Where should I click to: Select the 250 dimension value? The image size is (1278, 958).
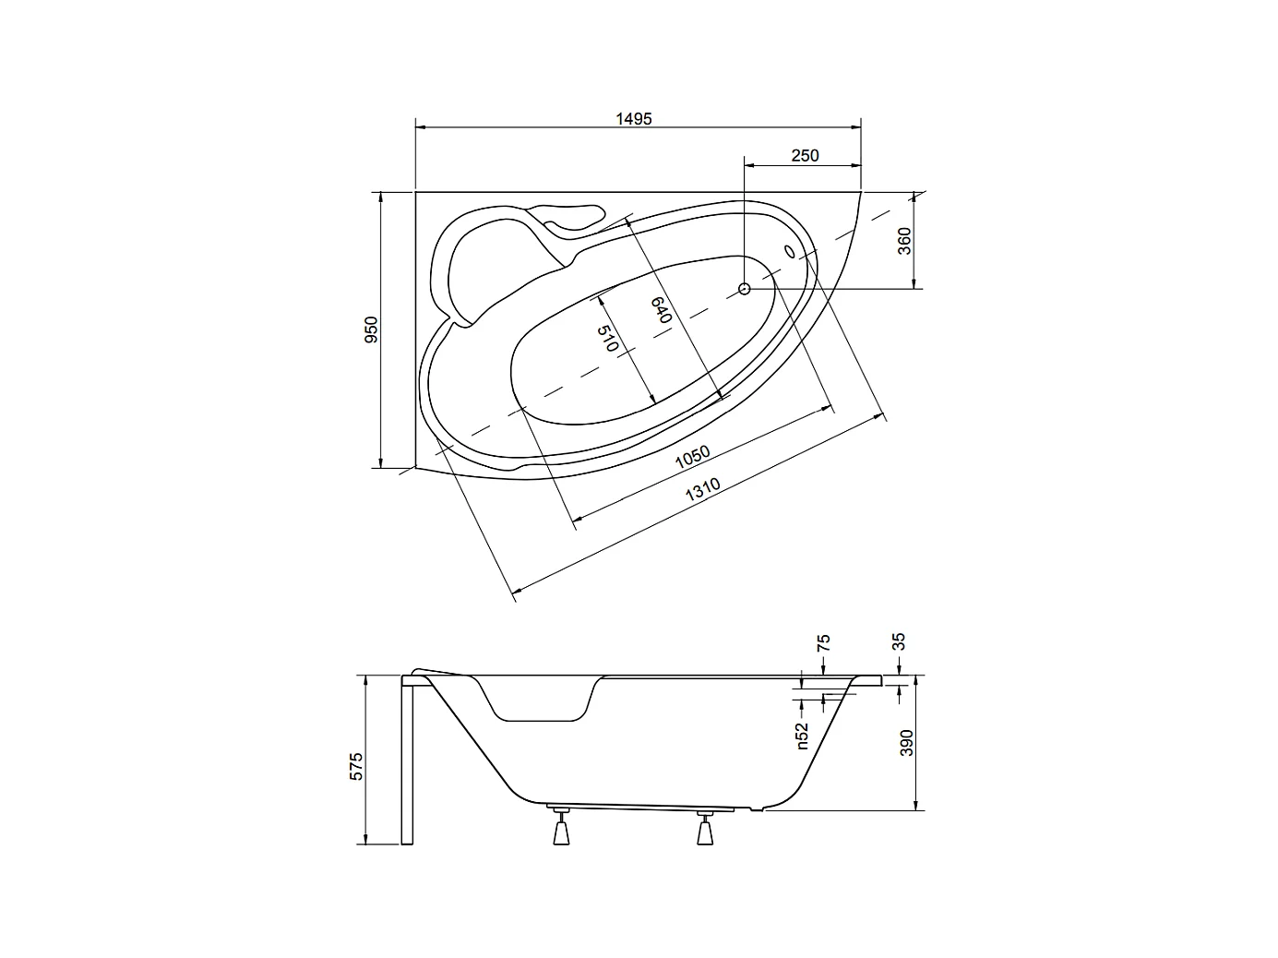[805, 156]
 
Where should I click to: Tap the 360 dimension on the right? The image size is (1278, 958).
[904, 241]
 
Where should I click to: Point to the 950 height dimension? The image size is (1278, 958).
[371, 329]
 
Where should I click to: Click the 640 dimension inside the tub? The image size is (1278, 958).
[660, 309]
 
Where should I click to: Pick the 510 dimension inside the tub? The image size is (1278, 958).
[606, 339]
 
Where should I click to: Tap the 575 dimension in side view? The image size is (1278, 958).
[358, 766]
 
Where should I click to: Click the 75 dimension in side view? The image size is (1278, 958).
[823, 641]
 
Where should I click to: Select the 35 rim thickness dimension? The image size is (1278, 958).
[900, 641]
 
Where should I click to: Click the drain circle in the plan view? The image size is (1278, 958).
[745, 289]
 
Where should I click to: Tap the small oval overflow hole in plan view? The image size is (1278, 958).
[790, 250]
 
